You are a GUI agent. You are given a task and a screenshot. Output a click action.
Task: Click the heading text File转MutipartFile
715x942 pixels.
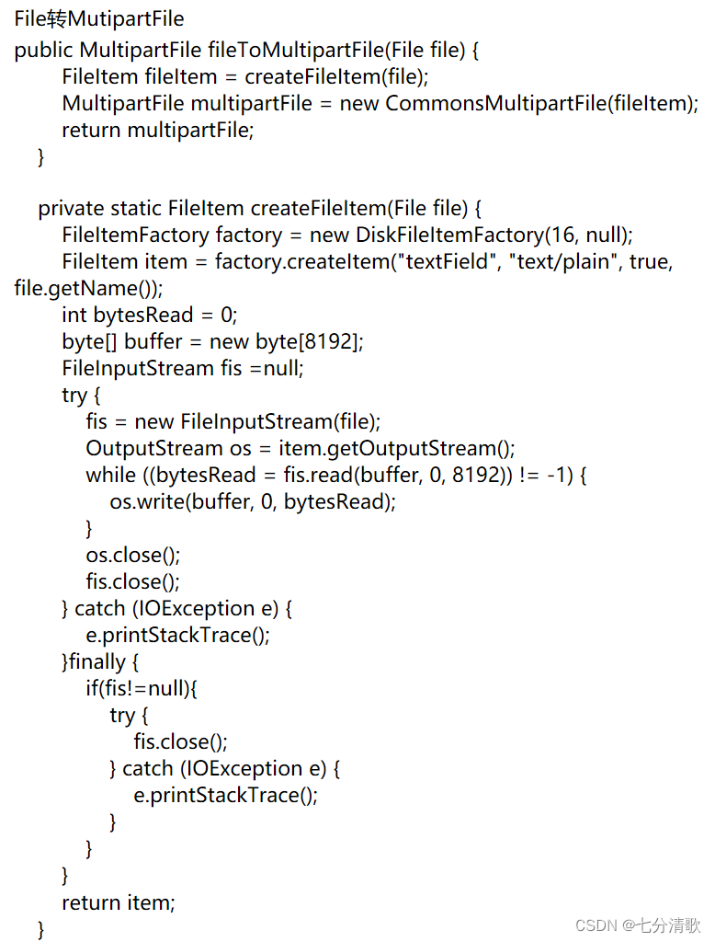click(x=99, y=18)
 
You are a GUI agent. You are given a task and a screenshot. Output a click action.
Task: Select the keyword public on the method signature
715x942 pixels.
click(x=44, y=50)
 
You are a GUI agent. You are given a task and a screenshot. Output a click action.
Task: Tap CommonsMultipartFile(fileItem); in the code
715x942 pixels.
click(x=542, y=103)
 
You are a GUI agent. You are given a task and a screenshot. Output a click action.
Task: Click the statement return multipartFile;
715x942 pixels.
click(x=157, y=130)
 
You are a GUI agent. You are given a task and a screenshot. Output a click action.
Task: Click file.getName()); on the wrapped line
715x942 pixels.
click(x=88, y=289)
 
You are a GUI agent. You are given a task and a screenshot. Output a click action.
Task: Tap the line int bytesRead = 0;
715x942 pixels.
click(x=150, y=316)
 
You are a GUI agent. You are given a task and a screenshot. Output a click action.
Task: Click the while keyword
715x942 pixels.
click(x=110, y=476)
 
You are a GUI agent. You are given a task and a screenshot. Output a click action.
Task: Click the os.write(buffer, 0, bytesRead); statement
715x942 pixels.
click(x=253, y=502)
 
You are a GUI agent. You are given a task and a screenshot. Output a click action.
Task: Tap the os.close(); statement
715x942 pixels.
click(x=133, y=556)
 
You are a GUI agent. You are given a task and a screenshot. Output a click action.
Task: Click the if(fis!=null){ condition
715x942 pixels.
click(x=142, y=689)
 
